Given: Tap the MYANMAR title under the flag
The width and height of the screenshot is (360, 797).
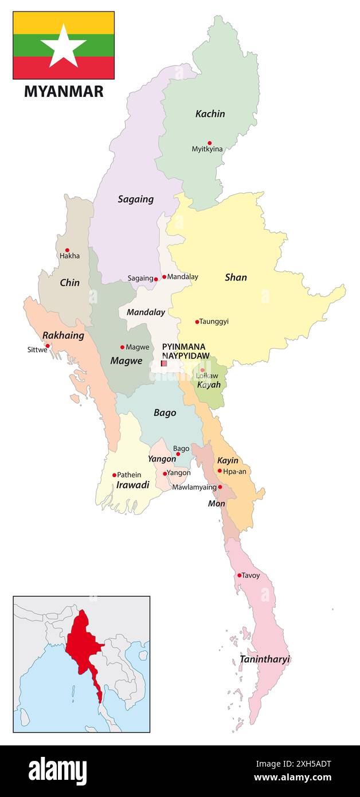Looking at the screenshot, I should coord(64,92).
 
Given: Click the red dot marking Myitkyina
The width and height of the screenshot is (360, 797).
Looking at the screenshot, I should coord(209,143).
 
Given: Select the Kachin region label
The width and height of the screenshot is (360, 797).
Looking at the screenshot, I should coord(210,114).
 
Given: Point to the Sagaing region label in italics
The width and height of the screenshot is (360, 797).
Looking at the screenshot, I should coord(136,200).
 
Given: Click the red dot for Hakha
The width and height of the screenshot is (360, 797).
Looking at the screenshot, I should coord(67,250).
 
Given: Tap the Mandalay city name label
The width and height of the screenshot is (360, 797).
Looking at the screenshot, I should coord(183,277).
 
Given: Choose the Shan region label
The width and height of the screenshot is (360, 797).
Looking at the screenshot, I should coord(236,278).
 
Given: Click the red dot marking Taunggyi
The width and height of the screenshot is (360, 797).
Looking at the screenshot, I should coord(197,322).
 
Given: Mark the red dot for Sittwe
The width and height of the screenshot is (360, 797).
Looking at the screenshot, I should coord(48,346).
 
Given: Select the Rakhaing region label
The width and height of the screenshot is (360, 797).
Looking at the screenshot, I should coord(63,335).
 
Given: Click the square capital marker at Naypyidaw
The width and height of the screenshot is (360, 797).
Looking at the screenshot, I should coord(164,363).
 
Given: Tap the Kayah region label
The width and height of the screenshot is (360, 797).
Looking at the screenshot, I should coord(209,385).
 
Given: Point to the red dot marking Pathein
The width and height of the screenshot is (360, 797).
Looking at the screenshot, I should coord(114,475).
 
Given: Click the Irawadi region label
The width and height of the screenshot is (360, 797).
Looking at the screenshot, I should coord(132,485).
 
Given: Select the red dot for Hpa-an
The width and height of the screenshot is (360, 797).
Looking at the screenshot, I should coord(220,471).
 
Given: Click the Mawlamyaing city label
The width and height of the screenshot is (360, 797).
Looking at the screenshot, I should coord(194,487).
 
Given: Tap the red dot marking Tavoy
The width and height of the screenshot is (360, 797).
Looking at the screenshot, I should coord(239,575).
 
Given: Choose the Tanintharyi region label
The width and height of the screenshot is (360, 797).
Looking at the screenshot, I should coord(265,659).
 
